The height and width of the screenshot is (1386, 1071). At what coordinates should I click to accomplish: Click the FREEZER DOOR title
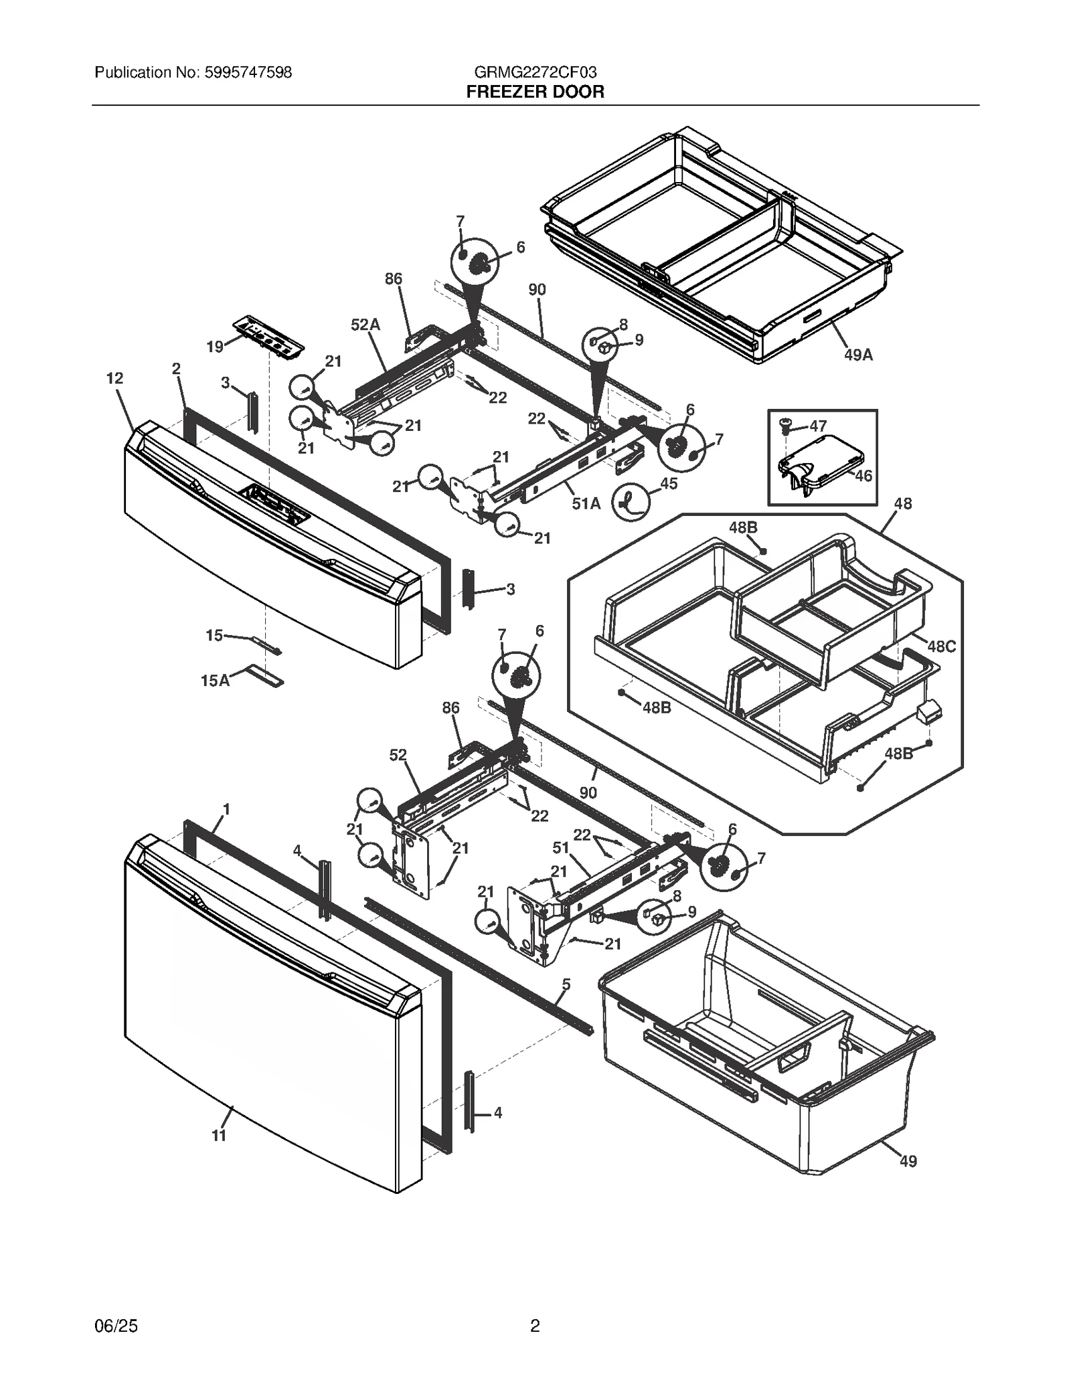coord(535,92)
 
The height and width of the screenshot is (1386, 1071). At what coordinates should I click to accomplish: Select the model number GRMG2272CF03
coord(535,72)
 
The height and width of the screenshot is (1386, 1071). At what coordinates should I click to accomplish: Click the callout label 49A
coord(858,355)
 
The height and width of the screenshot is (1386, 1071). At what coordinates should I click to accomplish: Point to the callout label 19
coord(215,347)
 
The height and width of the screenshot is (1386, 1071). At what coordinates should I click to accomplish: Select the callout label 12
coord(114,378)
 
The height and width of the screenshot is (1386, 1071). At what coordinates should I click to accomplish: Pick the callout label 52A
coord(365,325)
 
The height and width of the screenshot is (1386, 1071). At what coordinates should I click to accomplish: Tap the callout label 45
coord(669,483)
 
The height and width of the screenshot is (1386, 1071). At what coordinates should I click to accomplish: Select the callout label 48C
coord(941,646)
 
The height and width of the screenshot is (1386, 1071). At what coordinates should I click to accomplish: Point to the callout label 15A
coord(215,681)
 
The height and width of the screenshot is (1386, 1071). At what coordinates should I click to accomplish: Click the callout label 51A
coord(586,504)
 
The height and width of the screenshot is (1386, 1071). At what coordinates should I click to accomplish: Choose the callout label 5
coord(566,984)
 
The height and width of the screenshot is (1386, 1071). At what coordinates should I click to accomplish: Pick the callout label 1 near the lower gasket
coord(226,809)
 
